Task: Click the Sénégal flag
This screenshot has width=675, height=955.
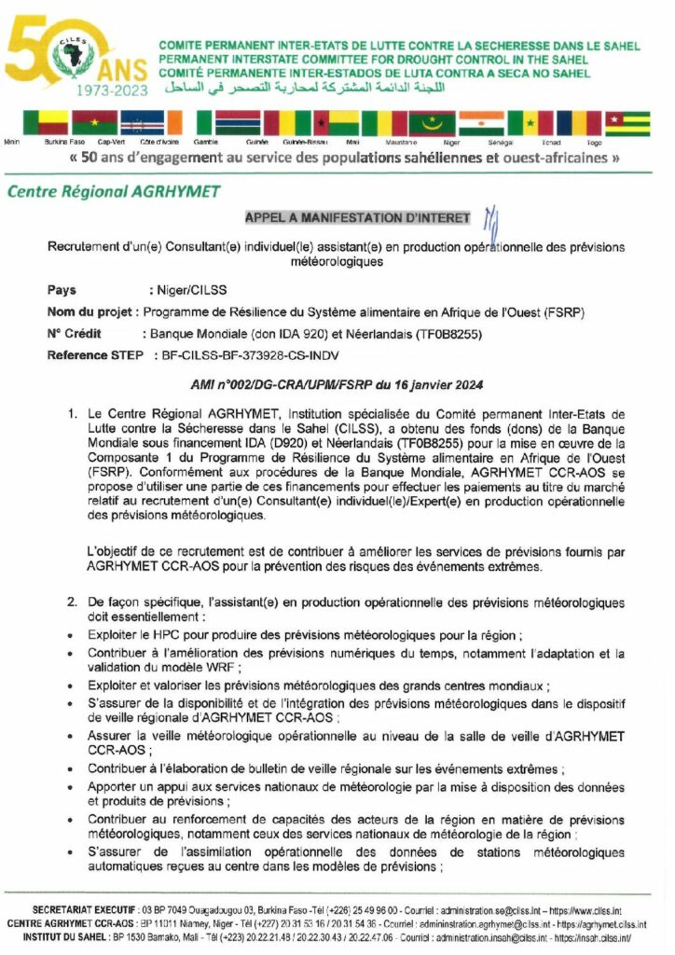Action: [530, 123]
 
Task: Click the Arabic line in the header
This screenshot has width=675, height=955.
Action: [318, 88]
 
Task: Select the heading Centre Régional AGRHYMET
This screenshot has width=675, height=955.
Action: [114, 191]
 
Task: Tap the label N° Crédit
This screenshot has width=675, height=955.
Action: [73, 334]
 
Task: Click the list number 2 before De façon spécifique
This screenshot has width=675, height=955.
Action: [73, 602]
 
